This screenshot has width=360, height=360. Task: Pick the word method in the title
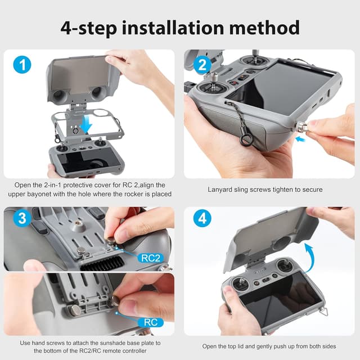point(269,26)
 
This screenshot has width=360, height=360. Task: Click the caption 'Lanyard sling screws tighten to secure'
point(265,190)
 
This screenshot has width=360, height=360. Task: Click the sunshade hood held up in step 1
point(84,76)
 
